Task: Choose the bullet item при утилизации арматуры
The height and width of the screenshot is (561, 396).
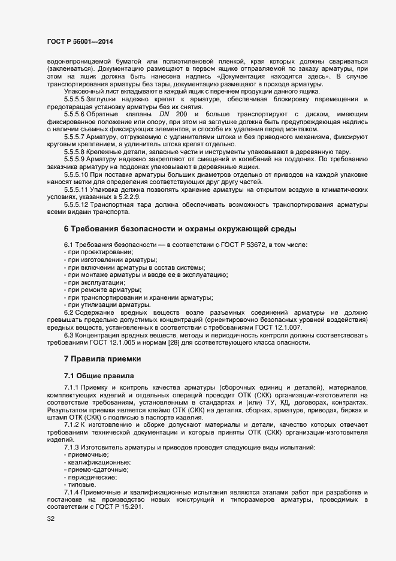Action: click(x=99, y=305)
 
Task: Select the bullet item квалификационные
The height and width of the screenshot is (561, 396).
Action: click(x=96, y=463)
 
